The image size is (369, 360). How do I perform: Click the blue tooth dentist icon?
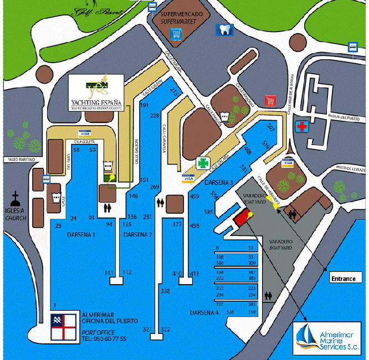(x=224, y=30)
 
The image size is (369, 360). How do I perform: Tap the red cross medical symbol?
(x=302, y=126)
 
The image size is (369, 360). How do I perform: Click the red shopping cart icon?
(x=270, y=100)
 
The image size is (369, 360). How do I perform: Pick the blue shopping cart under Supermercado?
(x=177, y=34)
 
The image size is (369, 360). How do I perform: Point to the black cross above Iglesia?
(x=17, y=197)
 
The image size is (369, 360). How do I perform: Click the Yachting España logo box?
(x=96, y=94)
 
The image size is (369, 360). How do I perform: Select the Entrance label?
(x=342, y=278)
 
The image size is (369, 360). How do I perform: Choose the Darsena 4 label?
(x=204, y=313)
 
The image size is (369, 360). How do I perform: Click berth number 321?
(x=147, y=330)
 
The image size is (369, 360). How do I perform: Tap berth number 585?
(x=209, y=212)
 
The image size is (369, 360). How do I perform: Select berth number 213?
(x=175, y=90)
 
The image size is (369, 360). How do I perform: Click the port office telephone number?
(x=104, y=338)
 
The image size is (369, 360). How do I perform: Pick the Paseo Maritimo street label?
(x=22, y=160)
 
